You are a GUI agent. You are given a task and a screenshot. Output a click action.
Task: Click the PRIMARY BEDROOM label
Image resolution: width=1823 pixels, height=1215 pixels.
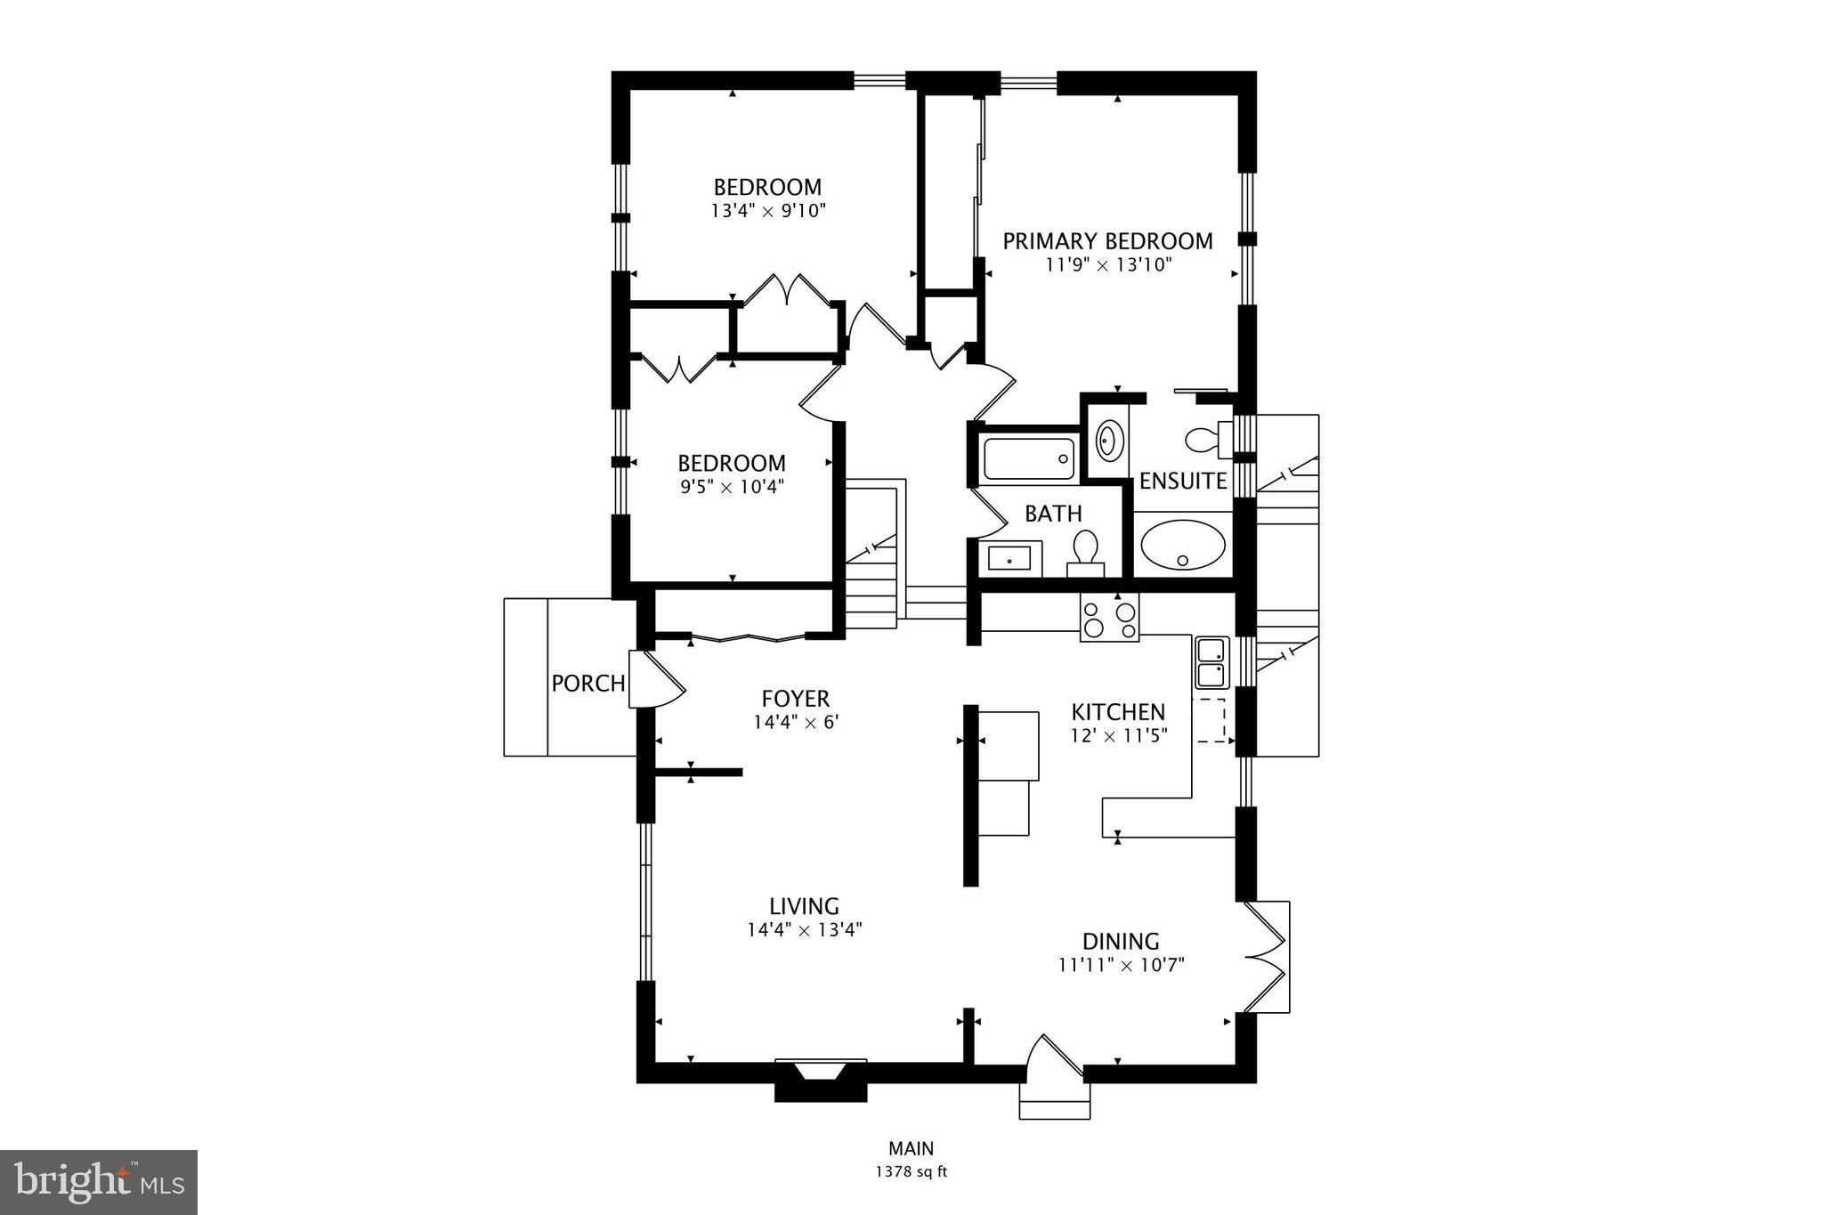pos(1107,241)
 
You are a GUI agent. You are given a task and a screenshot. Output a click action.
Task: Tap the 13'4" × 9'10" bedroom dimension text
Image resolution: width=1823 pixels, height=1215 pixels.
pos(768,212)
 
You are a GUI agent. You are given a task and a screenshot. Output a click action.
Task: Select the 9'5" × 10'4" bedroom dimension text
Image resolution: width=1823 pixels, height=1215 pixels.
pos(732,487)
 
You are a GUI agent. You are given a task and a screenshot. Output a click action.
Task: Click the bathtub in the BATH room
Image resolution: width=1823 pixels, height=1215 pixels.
pos(1028,458)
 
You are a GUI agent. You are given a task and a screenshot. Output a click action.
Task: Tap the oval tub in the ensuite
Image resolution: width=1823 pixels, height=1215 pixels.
pos(1183,545)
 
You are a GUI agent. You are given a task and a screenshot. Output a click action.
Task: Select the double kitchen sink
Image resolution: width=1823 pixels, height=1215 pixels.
pos(1211,663)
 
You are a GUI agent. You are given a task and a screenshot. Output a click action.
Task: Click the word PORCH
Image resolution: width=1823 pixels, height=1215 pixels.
pos(587,684)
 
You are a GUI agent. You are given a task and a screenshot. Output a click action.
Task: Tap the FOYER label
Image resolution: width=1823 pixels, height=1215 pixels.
pos(795,699)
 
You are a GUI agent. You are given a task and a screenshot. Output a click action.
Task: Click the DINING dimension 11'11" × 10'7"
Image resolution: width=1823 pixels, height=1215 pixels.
pos(1121,965)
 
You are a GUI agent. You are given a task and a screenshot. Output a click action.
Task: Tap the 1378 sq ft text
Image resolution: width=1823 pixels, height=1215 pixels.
pos(911,1172)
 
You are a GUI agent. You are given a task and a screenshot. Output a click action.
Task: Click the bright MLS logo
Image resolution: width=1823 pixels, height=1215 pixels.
pos(99,1181)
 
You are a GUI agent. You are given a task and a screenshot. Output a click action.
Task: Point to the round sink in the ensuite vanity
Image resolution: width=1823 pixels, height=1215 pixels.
pos(1108,440)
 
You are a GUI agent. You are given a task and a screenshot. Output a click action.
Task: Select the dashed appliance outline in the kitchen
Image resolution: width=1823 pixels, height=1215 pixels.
pos(1210,720)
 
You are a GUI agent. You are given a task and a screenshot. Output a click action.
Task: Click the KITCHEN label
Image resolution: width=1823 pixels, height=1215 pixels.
pos(1117,712)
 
